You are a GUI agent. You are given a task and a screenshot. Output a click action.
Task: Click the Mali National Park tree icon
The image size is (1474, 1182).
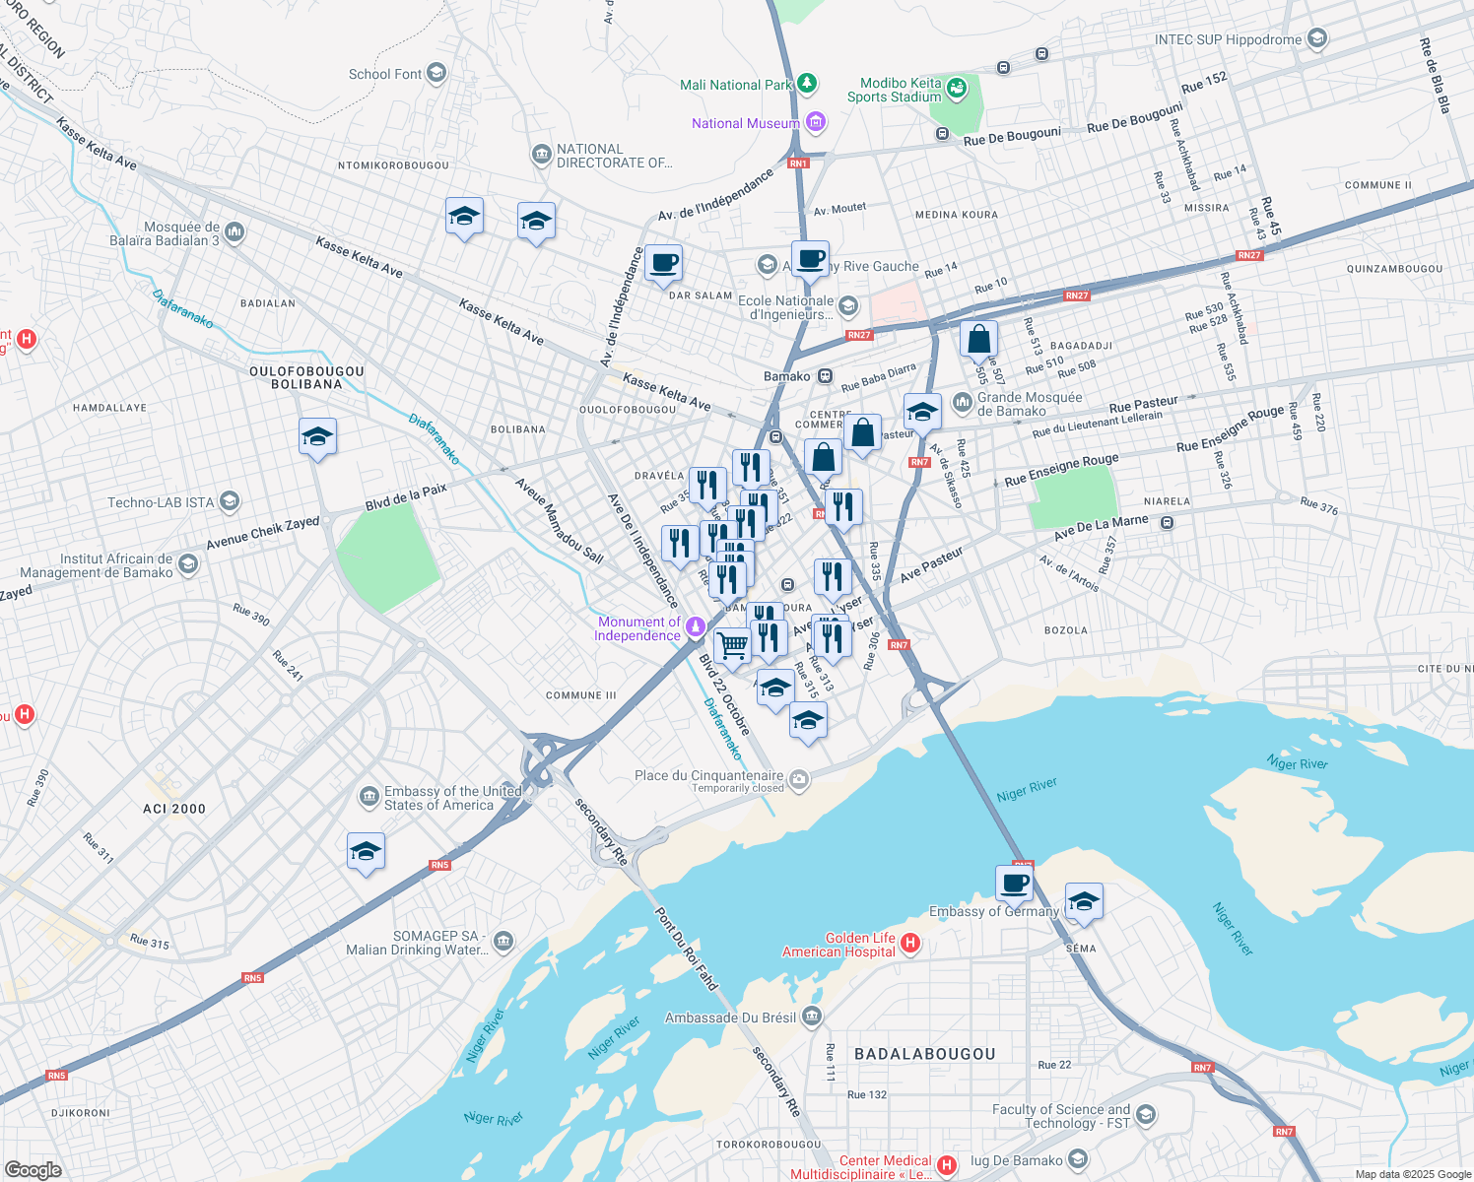point(807,84)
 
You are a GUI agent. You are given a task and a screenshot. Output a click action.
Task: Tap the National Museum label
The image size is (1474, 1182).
point(745,123)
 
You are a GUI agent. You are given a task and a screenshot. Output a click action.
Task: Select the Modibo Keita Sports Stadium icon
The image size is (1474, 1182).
point(955,90)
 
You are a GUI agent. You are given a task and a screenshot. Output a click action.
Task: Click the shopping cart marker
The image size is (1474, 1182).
point(732,646)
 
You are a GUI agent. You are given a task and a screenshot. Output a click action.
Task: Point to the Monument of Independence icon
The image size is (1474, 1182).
point(696,626)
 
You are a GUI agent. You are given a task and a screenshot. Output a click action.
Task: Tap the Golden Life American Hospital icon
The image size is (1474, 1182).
point(910,944)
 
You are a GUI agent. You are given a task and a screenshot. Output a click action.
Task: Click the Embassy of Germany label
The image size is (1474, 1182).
point(993,911)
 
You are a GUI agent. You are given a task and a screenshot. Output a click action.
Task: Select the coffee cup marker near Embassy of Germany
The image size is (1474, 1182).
point(1014,883)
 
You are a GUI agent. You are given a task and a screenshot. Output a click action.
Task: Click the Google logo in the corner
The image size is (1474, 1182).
point(33,1169)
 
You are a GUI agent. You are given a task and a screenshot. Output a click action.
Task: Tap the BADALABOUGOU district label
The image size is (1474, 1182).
point(924,1054)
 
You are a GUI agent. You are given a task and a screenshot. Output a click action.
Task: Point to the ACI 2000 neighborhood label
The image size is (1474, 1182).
point(174,809)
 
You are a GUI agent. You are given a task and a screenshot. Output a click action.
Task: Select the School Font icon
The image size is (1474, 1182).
point(435,74)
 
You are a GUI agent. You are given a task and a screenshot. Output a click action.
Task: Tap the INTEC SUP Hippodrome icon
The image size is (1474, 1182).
point(1317,39)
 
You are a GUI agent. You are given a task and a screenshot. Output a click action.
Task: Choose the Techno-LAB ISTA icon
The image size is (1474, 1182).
point(229,502)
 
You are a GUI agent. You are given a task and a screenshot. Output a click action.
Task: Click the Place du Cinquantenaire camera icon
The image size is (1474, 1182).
point(799,779)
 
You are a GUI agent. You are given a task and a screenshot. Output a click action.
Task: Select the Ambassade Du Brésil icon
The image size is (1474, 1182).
point(811,1017)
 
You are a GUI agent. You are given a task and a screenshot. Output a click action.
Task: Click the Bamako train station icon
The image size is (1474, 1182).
point(825,376)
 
